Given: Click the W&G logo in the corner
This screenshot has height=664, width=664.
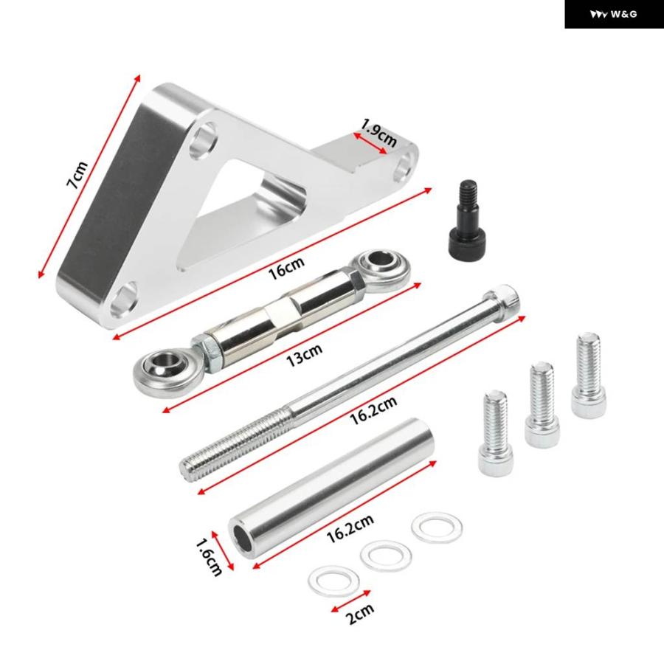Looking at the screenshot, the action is (x=614, y=15).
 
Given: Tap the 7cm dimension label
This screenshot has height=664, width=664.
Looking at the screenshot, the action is (x=77, y=174).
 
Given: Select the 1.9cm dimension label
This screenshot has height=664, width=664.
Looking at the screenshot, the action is (x=379, y=133).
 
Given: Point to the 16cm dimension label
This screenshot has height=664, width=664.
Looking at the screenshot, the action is (x=286, y=268).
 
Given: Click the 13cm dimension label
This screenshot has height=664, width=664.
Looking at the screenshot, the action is (x=304, y=355).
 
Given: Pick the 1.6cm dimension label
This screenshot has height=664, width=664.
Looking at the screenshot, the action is (x=210, y=557).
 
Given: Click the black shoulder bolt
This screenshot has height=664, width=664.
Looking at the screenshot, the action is (x=464, y=220).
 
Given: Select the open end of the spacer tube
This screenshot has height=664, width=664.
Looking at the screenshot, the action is (x=241, y=538).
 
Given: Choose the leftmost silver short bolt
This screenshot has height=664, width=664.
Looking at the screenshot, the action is (x=496, y=433).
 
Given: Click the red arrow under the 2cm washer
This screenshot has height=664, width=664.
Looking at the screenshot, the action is (x=350, y=601).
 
